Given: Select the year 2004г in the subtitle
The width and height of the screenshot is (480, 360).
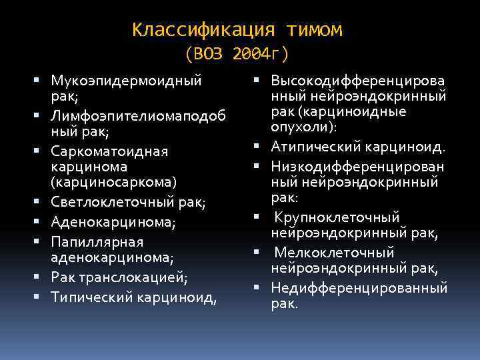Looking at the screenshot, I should pyautogui.click(x=261, y=53).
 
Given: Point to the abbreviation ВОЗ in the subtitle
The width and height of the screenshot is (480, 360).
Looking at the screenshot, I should pyautogui.click(x=210, y=53).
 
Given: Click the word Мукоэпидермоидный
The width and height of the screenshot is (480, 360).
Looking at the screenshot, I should pyautogui.click(x=126, y=81).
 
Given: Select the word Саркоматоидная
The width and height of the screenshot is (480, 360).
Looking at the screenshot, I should pyautogui.click(x=109, y=151).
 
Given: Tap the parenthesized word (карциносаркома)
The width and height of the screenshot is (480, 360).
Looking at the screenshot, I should pyautogui.click(x=114, y=181).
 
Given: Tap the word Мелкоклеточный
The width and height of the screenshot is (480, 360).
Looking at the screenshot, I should pyautogui.click(x=334, y=253).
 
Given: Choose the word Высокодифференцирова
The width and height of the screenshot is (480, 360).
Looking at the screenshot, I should pyautogui.click(x=358, y=81).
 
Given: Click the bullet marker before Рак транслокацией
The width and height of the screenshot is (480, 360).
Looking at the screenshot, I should pyautogui.click(x=41, y=276).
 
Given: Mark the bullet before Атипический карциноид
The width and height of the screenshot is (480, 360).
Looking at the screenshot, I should pyautogui.click(x=257, y=146).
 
